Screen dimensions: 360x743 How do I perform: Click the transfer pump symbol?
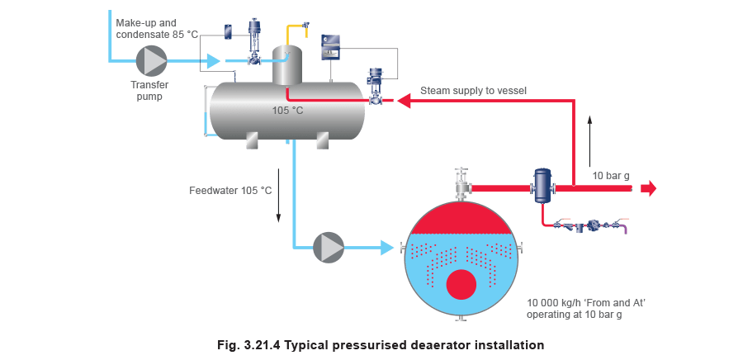click(x=151, y=60)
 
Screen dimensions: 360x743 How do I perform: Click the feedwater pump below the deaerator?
click(x=329, y=247)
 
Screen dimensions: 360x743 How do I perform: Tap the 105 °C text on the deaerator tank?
click(x=288, y=111)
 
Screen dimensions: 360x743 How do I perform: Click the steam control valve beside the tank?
click(x=377, y=88)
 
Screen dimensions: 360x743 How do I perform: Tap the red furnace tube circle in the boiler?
click(x=461, y=285)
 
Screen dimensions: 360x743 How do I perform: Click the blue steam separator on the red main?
click(x=542, y=186)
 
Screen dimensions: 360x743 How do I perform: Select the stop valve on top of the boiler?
click(x=461, y=184)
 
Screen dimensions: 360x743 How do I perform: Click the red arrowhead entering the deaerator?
click(x=404, y=101)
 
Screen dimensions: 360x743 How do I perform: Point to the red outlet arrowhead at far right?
click(x=649, y=188)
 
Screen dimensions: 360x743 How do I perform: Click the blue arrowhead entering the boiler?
click(x=386, y=247)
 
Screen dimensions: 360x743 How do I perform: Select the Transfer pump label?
click(x=150, y=90)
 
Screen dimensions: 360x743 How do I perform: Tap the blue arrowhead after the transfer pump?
click(x=213, y=60)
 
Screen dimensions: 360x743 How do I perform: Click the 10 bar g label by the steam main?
click(x=611, y=175)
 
